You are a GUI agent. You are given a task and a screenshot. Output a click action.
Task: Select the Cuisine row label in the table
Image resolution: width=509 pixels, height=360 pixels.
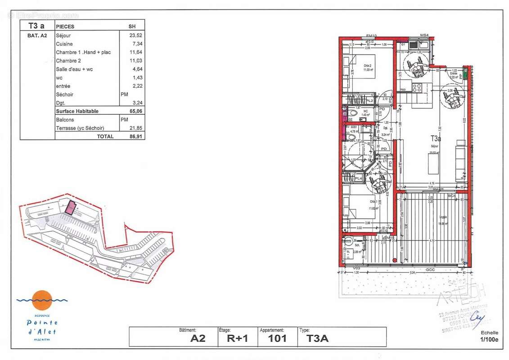click(64, 44)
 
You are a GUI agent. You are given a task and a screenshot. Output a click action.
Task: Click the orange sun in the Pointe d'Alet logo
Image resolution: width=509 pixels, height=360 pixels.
click(42, 298)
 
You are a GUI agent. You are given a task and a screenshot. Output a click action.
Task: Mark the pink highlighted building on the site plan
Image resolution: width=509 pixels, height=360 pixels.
click(70, 207)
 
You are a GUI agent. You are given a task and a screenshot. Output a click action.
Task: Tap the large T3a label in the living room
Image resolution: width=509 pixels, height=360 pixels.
click(435, 139)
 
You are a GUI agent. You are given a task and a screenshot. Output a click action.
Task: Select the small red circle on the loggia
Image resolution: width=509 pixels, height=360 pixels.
click(394, 259)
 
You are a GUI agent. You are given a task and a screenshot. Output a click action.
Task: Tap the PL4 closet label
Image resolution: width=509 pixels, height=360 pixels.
click(359, 179)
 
